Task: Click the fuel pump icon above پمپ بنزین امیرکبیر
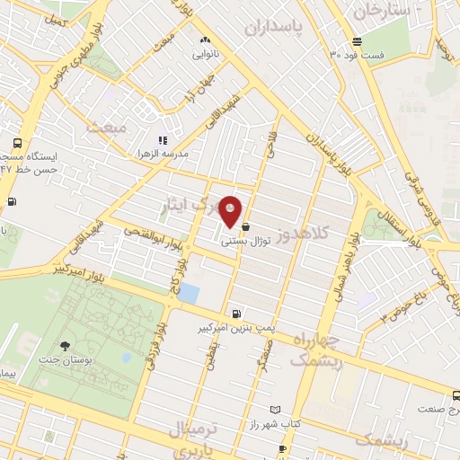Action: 235,314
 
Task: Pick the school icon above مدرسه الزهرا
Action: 163,140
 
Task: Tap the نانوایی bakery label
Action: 206,54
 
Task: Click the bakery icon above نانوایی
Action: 206,40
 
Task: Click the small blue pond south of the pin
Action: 189,292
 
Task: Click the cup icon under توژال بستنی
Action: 246,228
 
